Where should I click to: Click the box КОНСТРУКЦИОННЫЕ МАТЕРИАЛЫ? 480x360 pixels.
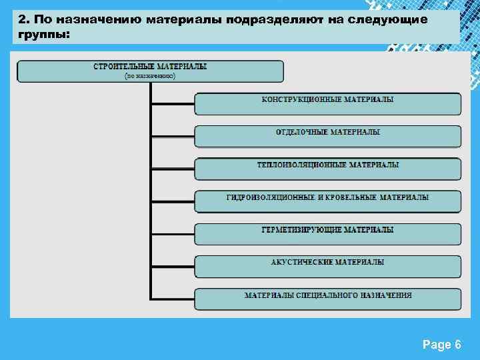coord(327,104)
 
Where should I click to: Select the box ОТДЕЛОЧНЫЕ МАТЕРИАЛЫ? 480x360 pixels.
coord(327,137)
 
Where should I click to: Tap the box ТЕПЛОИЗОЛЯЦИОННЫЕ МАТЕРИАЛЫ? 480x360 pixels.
coord(327,169)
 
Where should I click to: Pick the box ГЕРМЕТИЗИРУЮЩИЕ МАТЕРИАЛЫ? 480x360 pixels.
coord(327,234)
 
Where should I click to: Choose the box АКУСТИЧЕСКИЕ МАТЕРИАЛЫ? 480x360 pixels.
coord(327,267)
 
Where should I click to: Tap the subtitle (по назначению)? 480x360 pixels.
coord(150,76)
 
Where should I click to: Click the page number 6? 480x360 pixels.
coord(457,345)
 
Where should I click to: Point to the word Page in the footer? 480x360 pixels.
coord(436,345)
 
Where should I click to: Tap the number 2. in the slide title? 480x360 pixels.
coord(23,19)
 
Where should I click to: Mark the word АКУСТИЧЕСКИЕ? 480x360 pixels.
coord(302,263)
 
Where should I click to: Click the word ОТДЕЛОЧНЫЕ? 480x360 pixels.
coord(301,133)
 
